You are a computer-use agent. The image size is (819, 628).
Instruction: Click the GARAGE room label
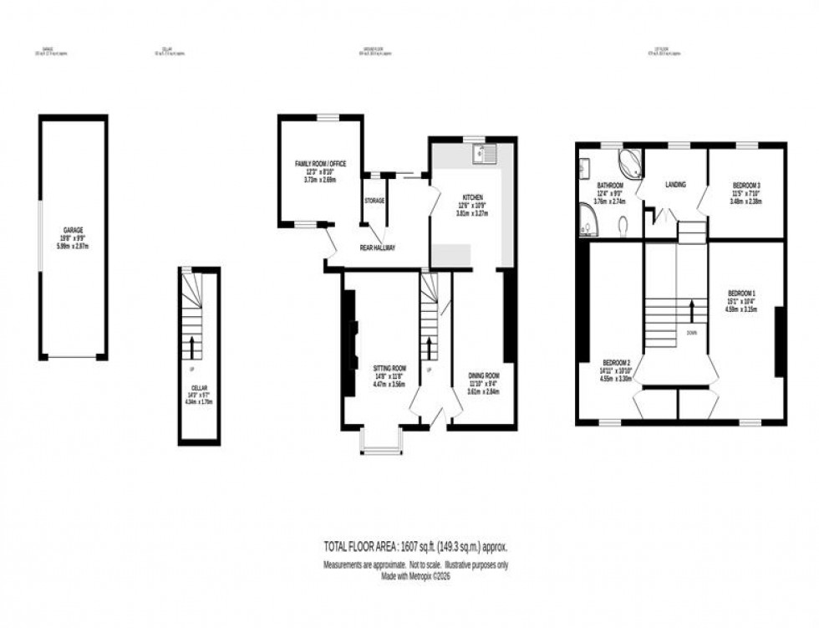[x=73, y=230]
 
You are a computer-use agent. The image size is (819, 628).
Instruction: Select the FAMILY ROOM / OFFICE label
[x=320, y=164]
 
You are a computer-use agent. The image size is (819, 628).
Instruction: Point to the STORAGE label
[x=374, y=201]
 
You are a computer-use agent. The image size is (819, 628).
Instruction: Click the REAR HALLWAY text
[x=378, y=248]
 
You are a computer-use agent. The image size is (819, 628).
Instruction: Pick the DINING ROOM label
[x=484, y=376]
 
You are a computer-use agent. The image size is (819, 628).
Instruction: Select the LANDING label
[x=675, y=185]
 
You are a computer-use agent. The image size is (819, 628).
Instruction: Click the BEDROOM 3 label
[x=746, y=185]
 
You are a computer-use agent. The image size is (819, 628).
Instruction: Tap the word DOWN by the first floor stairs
[x=691, y=332]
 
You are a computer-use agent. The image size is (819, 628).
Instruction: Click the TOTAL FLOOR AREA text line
[x=415, y=546]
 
